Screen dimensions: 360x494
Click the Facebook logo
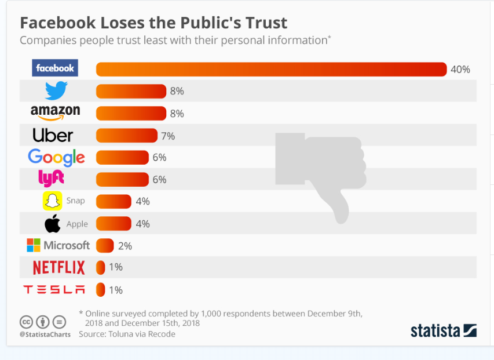(x=55, y=68)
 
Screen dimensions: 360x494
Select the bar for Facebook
(x=271, y=69)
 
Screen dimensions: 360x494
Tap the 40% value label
(x=460, y=69)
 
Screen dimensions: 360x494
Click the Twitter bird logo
(x=56, y=90)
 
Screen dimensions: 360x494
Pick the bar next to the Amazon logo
(x=131, y=113)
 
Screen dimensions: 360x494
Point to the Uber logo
(x=53, y=136)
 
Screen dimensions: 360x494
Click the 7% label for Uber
(x=168, y=136)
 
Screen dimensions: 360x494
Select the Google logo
(x=56, y=157)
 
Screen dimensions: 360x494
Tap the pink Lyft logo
(x=51, y=179)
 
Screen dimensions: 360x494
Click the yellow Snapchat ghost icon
(x=52, y=201)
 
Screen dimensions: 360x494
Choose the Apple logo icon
(x=53, y=224)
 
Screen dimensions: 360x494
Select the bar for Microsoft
(x=104, y=246)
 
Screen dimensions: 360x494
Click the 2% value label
(x=125, y=246)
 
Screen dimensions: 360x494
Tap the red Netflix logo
(x=58, y=267)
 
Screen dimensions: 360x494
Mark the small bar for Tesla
(x=100, y=289)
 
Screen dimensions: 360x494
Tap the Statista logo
(x=444, y=330)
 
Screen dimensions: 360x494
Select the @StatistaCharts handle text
(x=45, y=334)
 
